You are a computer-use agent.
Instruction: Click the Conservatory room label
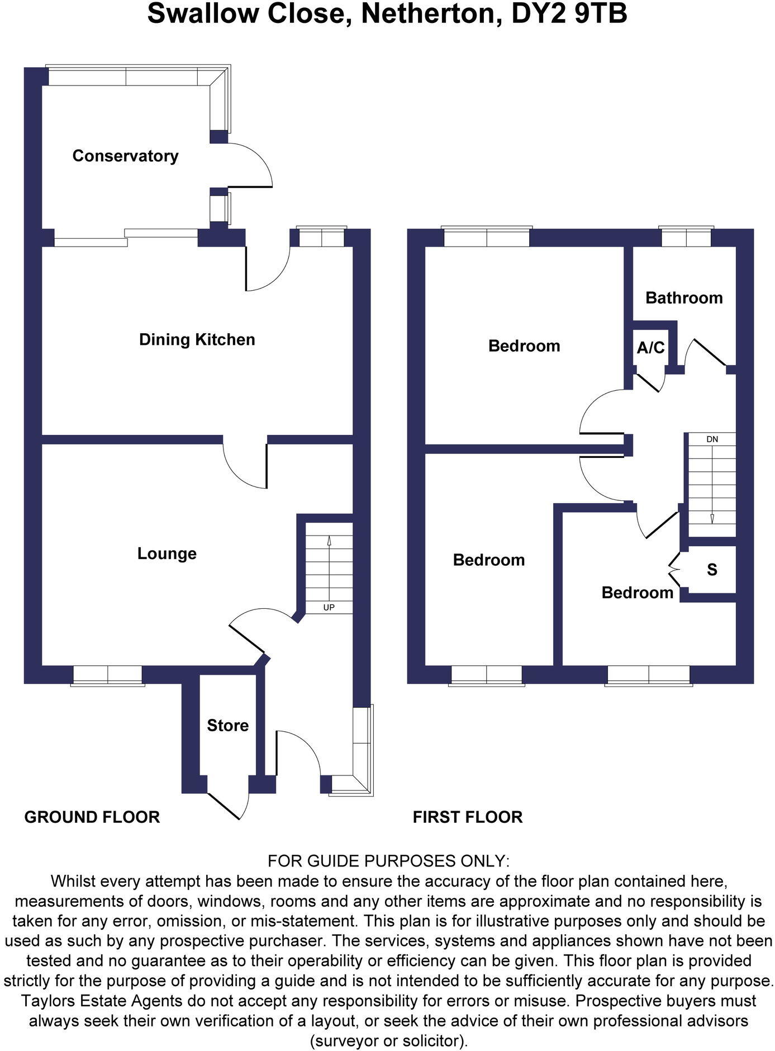point(125,156)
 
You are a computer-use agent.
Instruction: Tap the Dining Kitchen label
point(197,340)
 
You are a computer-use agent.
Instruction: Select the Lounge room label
point(167,554)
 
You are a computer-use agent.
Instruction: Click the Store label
point(227,726)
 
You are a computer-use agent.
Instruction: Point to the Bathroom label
point(684,298)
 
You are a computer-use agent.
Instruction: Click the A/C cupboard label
point(650,348)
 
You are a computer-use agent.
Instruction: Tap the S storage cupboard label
point(712,570)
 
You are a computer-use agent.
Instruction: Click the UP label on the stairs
point(329,607)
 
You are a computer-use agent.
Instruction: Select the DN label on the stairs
point(712,439)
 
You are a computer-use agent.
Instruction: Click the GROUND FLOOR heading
point(92,817)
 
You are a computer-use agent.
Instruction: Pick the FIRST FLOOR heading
point(468,817)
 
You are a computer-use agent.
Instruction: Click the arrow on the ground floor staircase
point(329,541)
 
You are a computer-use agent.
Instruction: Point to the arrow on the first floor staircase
point(712,518)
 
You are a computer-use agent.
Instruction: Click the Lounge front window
point(107,675)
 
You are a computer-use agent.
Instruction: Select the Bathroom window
point(686,238)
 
